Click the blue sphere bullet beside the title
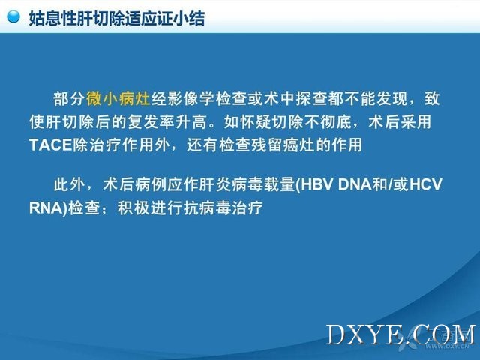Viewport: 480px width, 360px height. coord(13,16)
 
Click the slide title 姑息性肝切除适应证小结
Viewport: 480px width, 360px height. coord(117,18)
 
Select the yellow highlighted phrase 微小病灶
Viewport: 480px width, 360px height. coord(118,98)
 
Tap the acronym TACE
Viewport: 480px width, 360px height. coord(50,145)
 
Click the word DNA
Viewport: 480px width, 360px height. coord(355,184)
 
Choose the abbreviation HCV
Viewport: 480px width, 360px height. coord(426,184)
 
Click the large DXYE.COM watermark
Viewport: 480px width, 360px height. coord(401,335)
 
